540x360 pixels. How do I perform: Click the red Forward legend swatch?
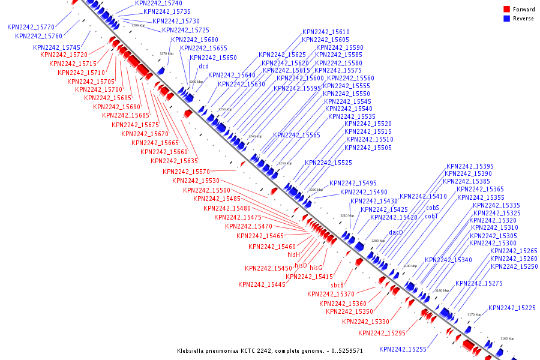(507, 10)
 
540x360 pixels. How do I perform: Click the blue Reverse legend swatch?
(507, 19)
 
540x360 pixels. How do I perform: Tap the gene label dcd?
(203, 67)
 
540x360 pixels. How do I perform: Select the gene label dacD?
(395, 232)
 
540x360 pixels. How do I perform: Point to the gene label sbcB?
(337, 285)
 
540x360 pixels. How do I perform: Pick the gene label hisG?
(316, 268)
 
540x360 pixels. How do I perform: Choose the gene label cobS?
(433, 208)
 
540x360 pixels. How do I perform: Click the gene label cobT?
(433, 216)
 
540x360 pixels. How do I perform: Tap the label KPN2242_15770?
(31, 27)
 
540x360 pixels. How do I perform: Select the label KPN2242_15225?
(512, 308)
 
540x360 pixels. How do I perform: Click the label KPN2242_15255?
(403, 349)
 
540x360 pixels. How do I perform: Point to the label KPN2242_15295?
(382, 333)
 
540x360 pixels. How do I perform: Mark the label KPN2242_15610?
(326, 32)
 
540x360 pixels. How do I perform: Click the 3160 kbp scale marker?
(507, 338)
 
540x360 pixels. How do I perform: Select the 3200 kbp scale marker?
(379, 241)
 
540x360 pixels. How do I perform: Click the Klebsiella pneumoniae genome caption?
(269, 350)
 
